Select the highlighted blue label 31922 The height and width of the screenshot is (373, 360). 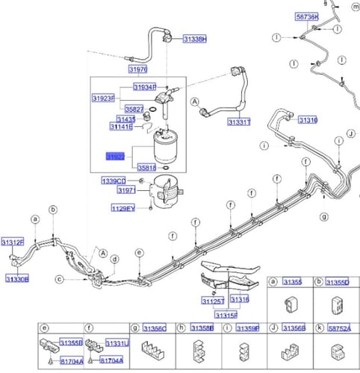coord(115,158)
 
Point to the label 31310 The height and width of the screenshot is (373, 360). coord(308,120)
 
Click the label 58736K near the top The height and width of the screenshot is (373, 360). coord(306,16)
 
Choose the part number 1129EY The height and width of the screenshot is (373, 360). coord(123,209)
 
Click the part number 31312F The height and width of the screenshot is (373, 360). coord(13,242)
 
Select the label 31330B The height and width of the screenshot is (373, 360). coord(16,279)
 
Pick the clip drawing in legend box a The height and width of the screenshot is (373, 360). coord(291,303)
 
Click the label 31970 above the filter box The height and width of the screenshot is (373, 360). coord(137,69)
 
